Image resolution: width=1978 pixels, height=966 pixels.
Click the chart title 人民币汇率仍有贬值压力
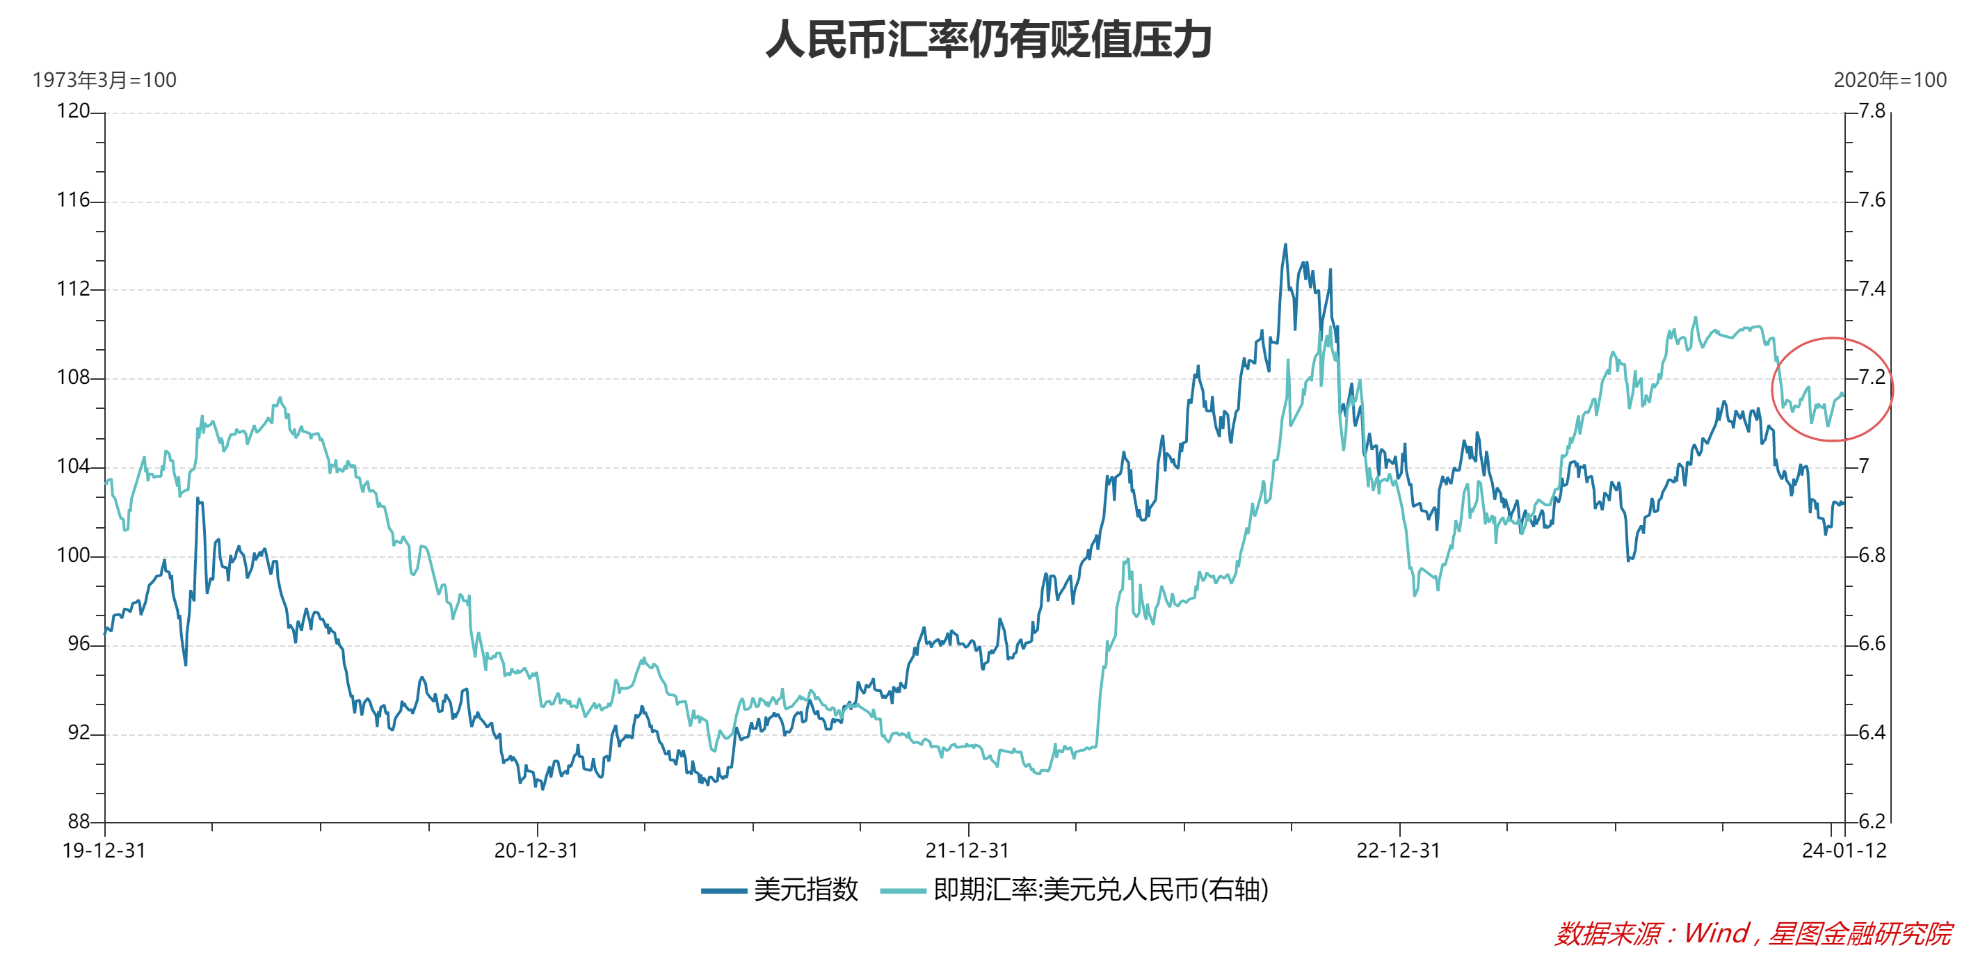(988, 40)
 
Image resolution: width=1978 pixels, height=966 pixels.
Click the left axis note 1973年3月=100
(104, 80)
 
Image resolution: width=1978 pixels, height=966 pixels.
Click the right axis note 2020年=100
(1890, 80)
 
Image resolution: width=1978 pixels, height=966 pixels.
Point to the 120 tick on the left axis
(74, 111)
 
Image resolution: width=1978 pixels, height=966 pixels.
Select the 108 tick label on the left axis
(74, 378)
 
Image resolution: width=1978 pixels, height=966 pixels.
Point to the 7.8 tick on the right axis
(1872, 111)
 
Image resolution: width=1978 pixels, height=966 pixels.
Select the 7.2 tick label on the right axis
(1872, 378)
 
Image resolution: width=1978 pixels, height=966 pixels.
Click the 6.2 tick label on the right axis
(1872, 821)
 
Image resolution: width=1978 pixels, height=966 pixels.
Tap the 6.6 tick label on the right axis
(1872, 643)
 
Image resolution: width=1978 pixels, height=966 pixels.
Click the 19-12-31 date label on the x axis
(104, 851)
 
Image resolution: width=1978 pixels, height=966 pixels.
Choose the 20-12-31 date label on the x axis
(536, 851)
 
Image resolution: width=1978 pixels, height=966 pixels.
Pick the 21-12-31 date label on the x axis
(967, 851)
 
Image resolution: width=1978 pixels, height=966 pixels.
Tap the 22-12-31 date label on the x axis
(1399, 851)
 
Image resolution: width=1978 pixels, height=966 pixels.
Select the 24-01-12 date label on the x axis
(1844, 851)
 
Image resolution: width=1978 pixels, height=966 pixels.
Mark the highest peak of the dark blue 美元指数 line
(1285, 245)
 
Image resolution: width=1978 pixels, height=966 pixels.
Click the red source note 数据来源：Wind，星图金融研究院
(1753, 934)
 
